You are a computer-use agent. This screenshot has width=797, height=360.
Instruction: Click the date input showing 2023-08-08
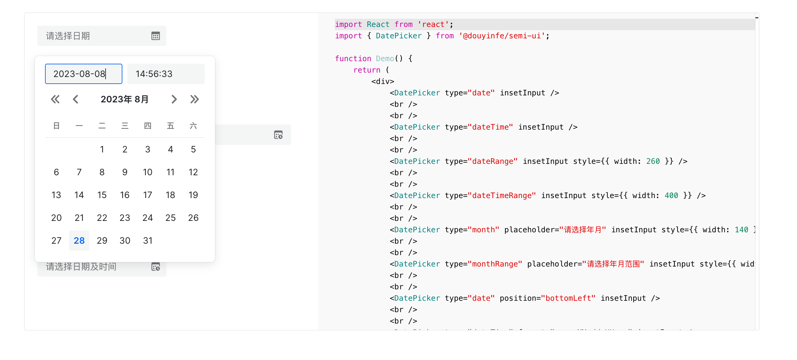click(x=83, y=74)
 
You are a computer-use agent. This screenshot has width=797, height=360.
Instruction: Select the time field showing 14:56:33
click(x=166, y=74)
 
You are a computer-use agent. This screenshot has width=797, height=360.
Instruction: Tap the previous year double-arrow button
click(x=55, y=100)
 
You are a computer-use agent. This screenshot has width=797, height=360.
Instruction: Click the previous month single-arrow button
click(x=75, y=100)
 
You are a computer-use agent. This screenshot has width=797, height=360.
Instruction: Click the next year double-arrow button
click(x=194, y=100)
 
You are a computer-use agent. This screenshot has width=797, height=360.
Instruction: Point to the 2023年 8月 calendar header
click(x=125, y=100)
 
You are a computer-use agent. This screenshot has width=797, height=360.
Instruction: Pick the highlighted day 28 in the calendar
click(x=79, y=241)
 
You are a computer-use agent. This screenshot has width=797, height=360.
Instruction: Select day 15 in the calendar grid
click(x=102, y=195)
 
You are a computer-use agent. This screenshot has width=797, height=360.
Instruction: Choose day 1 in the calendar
click(x=102, y=149)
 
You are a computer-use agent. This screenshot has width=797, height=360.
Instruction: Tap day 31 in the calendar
click(x=148, y=241)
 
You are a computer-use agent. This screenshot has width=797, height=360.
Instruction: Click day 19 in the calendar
click(x=193, y=195)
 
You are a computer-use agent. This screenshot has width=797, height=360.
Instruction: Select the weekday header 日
click(x=56, y=126)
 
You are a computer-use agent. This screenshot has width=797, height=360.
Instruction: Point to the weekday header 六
click(x=193, y=126)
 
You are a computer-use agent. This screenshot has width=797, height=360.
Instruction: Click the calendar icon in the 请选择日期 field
click(x=156, y=36)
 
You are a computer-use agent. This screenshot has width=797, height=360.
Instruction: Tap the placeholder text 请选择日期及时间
click(x=81, y=267)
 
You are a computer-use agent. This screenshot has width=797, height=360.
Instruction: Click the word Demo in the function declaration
click(x=385, y=59)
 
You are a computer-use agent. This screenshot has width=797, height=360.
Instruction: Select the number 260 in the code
click(x=653, y=161)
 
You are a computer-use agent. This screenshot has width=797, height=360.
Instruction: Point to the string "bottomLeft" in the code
click(x=568, y=298)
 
